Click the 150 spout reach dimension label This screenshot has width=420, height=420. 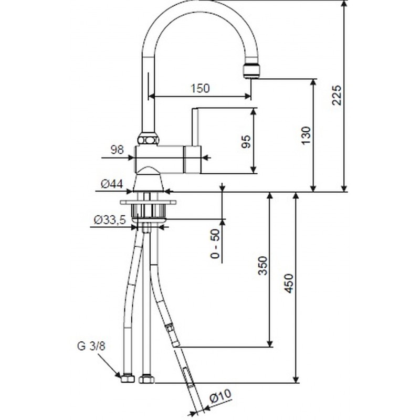(x=200, y=88)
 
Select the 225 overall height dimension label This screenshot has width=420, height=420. (x=337, y=96)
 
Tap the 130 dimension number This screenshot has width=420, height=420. (x=306, y=136)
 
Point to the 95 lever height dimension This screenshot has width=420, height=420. (x=246, y=141)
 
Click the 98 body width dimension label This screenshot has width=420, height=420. (x=117, y=150)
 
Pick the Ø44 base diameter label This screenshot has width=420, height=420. (x=112, y=184)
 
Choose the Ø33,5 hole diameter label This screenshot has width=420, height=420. (x=110, y=220)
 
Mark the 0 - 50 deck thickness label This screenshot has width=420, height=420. (x=215, y=244)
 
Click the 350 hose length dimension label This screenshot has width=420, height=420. (x=263, y=266)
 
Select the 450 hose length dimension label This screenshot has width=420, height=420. (x=288, y=283)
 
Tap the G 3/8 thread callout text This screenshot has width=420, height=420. (x=91, y=346)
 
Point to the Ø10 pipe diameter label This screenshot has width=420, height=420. (x=220, y=396)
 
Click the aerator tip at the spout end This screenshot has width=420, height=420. (x=251, y=71)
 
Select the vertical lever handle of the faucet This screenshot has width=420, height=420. (x=195, y=127)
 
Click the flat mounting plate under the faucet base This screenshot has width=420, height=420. (x=148, y=203)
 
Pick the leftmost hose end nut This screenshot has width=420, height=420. (x=128, y=379)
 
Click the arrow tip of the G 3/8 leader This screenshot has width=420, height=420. (x=121, y=377)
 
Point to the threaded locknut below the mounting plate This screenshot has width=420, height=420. (x=148, y=211)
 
